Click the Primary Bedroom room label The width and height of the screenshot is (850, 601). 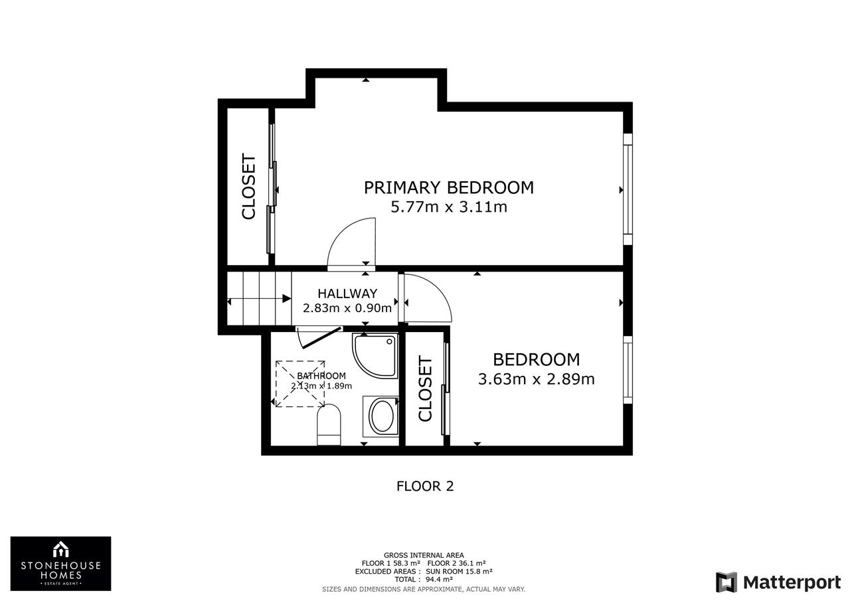tap(448, 188)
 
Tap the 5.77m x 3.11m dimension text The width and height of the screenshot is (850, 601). tap(449, 207)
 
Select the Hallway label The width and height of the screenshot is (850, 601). tap(347, 294)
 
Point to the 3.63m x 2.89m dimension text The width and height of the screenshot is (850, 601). tap(536, 379)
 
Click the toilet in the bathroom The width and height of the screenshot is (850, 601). tap(329, 424)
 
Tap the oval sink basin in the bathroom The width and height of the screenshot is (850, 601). tap(381, 416)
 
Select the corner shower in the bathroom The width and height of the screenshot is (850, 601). tap(375, 355)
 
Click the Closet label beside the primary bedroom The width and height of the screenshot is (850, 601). tap(249, 187)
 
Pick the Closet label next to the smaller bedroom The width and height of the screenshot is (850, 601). tap(426, 388)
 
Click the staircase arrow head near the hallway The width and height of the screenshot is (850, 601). tap(287, 299)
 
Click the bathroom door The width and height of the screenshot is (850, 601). tap(321, 337)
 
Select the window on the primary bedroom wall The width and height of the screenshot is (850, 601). tap(628, 189)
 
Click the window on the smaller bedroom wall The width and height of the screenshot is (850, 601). tap(628, 369)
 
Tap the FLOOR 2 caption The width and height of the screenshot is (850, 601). tap(425, 486)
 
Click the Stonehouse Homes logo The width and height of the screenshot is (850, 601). tap(60, 563)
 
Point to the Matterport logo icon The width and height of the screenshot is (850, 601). tap(726, 582)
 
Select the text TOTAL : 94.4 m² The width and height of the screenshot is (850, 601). tap(424, 579)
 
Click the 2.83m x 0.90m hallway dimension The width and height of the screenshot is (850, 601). tap(347, 308)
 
